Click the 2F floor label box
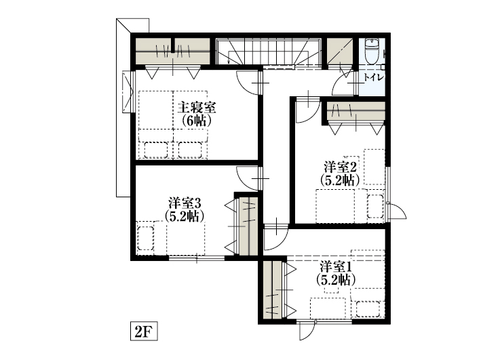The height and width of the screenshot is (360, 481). tap(144, 331)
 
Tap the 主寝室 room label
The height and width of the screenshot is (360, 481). tap(197, 108)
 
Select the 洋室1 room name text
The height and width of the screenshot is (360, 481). tap(336, 266)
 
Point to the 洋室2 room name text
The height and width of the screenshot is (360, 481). tap(340, 167)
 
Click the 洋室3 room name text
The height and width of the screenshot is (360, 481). tap(185, 203)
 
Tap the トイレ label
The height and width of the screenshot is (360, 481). tap(374, 77)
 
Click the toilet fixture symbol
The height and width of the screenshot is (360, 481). tap(372, 51)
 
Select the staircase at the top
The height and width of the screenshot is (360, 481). tap(269, 52)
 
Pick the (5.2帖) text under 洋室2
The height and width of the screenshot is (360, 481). tap(340, 180)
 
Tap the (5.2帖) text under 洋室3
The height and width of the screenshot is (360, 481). tap(185, 216)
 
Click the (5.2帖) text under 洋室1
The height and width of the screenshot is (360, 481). tap(336, 279)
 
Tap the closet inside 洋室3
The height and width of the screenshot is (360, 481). tap(248, 226)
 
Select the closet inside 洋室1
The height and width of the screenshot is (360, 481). tap(272, 290)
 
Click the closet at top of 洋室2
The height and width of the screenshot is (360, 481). tap(356, 111)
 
